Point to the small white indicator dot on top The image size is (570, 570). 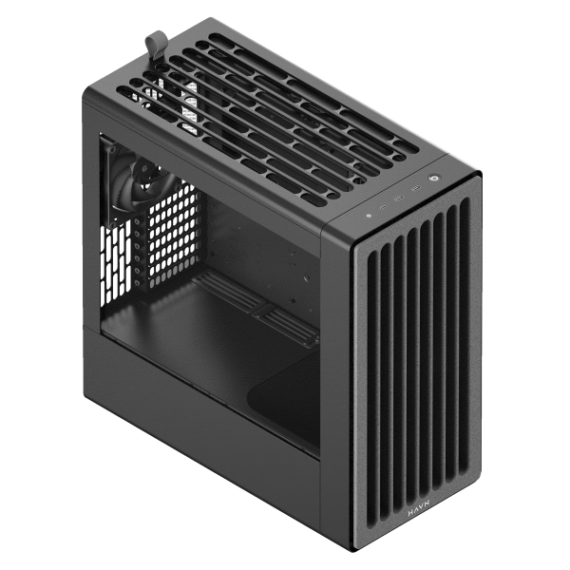pyautogui.click(x=369, y=216)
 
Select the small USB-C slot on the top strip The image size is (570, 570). pyautogui.click(x=383, y=207)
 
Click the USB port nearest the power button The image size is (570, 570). pyautogui.click(x=415, y=189)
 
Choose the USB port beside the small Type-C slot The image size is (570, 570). pyautogui.click(x=399, y=199)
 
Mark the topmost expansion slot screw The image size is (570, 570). pyautogui.click(x=137, y=220)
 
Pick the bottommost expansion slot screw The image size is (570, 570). pyautogui.click(x=137, y=282)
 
